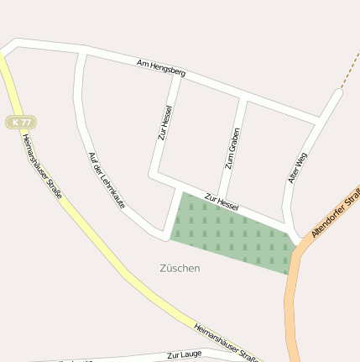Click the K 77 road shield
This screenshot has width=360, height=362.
(x=21, y=122)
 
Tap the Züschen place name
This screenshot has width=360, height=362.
(x=180, y=268)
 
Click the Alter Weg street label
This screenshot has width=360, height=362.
(x=297, y=167)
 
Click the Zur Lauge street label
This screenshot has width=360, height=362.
(x=184, y=354)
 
